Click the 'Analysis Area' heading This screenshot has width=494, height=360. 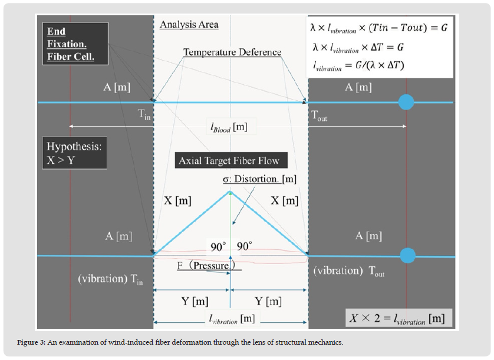pos(189,25)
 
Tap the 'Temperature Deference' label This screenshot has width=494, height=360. pos(232,52)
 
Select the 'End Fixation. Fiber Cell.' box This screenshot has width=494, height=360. pos(71,44)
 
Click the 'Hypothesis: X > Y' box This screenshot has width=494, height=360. pos(74,153)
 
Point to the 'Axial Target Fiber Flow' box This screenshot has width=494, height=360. pos(229,160)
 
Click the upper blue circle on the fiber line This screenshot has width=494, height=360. pos(406,103)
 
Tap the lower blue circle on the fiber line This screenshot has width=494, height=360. pos(407,256)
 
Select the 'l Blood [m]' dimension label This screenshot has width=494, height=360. pos(229,126)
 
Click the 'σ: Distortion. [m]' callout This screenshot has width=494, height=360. pos(260,179)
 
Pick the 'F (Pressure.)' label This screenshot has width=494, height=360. pos(206,266)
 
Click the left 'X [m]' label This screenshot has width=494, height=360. pos(177,200)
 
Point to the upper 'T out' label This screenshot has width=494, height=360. pos(319,116)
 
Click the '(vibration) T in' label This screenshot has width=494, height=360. pos(110,279)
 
